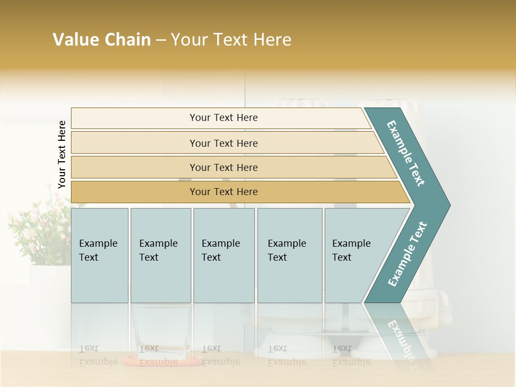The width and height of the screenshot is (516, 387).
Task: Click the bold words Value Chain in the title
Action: click(x=102, y=40)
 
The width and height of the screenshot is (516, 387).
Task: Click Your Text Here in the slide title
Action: click(x=231, y=40)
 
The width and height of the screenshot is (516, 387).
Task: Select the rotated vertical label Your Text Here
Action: click(x=62, y=155)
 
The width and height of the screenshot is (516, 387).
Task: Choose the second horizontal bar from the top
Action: click(x=223, y=143)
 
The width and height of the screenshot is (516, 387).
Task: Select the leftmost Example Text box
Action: click(x=99, y=255)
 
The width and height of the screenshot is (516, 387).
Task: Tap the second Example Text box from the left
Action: click(x=160, y=255)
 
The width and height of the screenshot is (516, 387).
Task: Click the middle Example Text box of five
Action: click(x=224, y=255)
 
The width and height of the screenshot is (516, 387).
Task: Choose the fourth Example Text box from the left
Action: click(x=289, y=255)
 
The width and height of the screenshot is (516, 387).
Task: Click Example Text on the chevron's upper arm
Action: click(x=406, y=153)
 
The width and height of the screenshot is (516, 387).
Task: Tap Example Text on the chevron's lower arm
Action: click(x=407, y=254)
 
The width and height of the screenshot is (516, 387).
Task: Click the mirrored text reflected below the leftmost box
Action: click(x=98, y=355)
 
